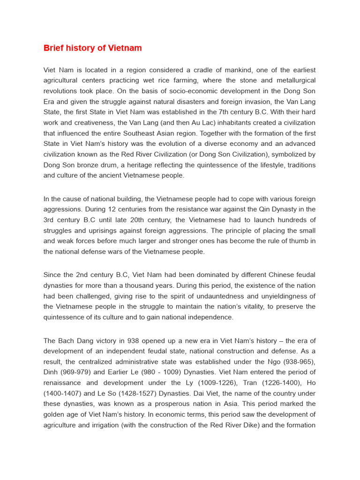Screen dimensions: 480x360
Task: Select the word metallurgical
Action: point(293,81)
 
